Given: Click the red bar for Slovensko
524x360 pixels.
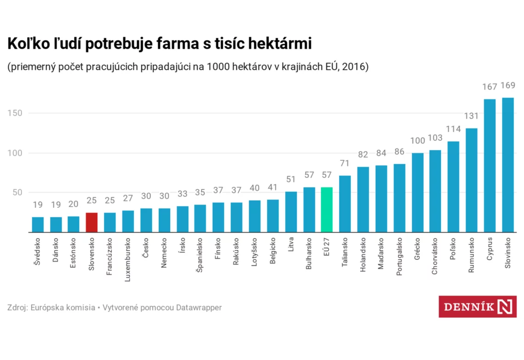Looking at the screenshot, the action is (91, 222).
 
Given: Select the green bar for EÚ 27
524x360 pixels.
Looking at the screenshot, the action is (326, 210).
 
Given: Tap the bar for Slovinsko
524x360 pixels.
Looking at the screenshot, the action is (507, 165).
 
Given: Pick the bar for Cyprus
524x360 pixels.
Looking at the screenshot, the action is (490, 166).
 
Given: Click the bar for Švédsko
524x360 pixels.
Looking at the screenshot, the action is (38, 225).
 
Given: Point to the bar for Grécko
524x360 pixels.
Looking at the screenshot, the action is (417, 193).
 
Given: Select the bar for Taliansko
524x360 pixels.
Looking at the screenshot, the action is (345, 204).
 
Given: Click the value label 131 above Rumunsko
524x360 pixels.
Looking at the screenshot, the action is (471, 116).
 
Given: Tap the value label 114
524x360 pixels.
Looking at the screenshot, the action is (453, 129).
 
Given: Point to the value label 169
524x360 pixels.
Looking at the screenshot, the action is (507, 86).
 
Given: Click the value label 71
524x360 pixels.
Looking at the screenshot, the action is (345, 163).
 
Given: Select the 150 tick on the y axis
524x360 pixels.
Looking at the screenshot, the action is (15, 113).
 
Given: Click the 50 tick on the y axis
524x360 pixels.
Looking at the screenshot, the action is (17, 193).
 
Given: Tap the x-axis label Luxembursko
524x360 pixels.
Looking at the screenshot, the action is (127, 260).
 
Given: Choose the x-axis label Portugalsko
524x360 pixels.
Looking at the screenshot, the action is (399, 257).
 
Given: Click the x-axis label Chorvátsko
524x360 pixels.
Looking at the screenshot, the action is (434, 256).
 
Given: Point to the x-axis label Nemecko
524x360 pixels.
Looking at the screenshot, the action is (164, 253).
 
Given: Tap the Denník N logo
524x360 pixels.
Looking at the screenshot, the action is (478, 307).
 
